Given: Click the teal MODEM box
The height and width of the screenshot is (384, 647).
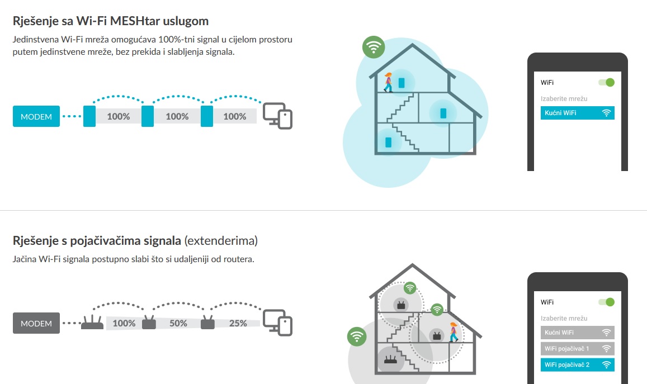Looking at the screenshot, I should pyautogui.click(x=36, y=116).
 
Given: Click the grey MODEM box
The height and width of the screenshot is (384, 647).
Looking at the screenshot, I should pyautogui.click(x=36, y=323).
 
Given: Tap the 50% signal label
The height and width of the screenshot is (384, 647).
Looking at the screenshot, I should pyautogui.click(x=178, y=323).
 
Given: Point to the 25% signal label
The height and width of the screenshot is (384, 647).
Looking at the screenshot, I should pyautogui.click(x=238, y=323).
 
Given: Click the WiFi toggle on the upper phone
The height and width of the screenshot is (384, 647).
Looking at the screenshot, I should pyautogui.click(x=606, y=82).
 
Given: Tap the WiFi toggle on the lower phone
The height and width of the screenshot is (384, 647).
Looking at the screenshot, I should pyautogui.click(x=606, y=302).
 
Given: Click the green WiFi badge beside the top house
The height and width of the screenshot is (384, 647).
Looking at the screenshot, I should pyautogui.click(x=373, y=47).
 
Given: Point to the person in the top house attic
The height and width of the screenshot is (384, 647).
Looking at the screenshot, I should pyautogui.click(x=388, y=82).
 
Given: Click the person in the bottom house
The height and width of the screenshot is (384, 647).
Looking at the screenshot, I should pyautogui.click(x=453, y=331).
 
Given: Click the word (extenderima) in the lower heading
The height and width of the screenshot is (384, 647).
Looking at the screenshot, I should pyautogui.click(x=221, y=241).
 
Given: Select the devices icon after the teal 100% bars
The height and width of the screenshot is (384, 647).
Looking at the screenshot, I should pyautogui.click(x=278, y=116).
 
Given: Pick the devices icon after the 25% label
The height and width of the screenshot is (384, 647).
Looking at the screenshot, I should pyautogui.click(x=278, y=323).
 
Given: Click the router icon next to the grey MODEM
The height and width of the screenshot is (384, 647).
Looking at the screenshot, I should pyautogui.click(x=92, y=323).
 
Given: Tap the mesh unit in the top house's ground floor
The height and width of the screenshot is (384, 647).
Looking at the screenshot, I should pyautogui.click(x=388, y=142).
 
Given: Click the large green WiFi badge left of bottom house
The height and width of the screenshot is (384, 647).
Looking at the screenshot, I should pyautogui.click(x=357, y=336).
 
